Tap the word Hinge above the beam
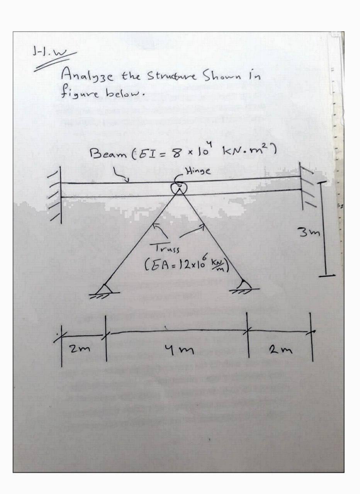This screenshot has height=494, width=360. [198, 172]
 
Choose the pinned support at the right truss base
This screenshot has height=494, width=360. [244, 286]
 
